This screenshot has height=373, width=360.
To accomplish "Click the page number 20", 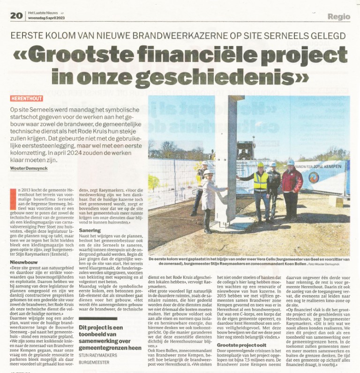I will (16, 16).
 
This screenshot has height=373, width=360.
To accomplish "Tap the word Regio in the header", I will (338, 16).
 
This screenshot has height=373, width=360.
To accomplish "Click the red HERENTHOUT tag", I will (27, 99).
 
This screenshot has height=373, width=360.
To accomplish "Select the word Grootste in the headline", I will (88, 55).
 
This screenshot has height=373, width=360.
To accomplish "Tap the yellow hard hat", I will (260, 165).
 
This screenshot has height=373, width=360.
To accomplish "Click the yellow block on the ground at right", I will (336, 201).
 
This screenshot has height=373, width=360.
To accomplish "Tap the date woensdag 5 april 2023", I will (46, 18).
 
